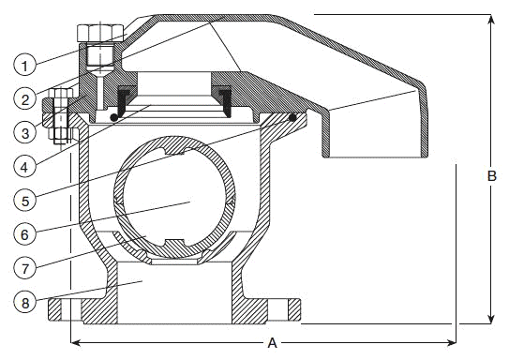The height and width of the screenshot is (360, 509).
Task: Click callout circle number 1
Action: (x=24, y=65)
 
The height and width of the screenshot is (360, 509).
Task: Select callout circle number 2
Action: (x=24, y=98)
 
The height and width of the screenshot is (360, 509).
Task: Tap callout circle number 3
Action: (x=24, y=132)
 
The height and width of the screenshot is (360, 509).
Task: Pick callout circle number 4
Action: (x=24, y=167)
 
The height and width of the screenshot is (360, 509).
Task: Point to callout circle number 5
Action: (x=24, y=201)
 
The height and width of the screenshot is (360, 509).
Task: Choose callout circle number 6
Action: (x=24, y=234)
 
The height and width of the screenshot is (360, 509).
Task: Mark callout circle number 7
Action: (x=24, y=268)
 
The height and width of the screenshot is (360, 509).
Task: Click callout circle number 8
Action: (x=24, y=302)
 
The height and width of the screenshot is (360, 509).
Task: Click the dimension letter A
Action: (x=273, y=343)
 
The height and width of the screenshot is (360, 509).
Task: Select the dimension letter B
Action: (x=492, y=176)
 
